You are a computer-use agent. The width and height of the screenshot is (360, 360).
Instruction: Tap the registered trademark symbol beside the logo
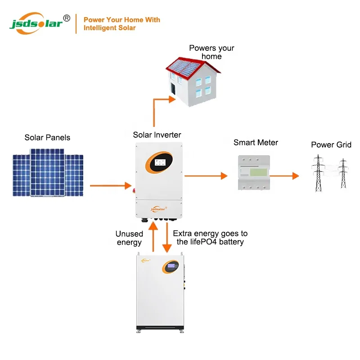click(67, 18)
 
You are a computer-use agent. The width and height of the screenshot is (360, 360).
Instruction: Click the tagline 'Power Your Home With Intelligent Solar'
click(121, 24)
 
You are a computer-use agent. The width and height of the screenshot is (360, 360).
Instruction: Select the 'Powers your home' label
click(211, 52)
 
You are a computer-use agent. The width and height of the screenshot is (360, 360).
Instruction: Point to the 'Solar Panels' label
click(47, 137)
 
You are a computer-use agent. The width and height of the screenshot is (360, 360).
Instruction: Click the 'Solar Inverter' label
click(157, 135)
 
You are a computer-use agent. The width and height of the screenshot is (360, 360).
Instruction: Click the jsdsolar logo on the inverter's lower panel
click(158, 208)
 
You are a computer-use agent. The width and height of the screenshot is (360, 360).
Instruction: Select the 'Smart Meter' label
click(256, 143)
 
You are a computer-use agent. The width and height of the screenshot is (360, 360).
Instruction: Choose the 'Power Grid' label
click(331, 144)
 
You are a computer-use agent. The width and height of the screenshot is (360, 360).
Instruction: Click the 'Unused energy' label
click(129, 238)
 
